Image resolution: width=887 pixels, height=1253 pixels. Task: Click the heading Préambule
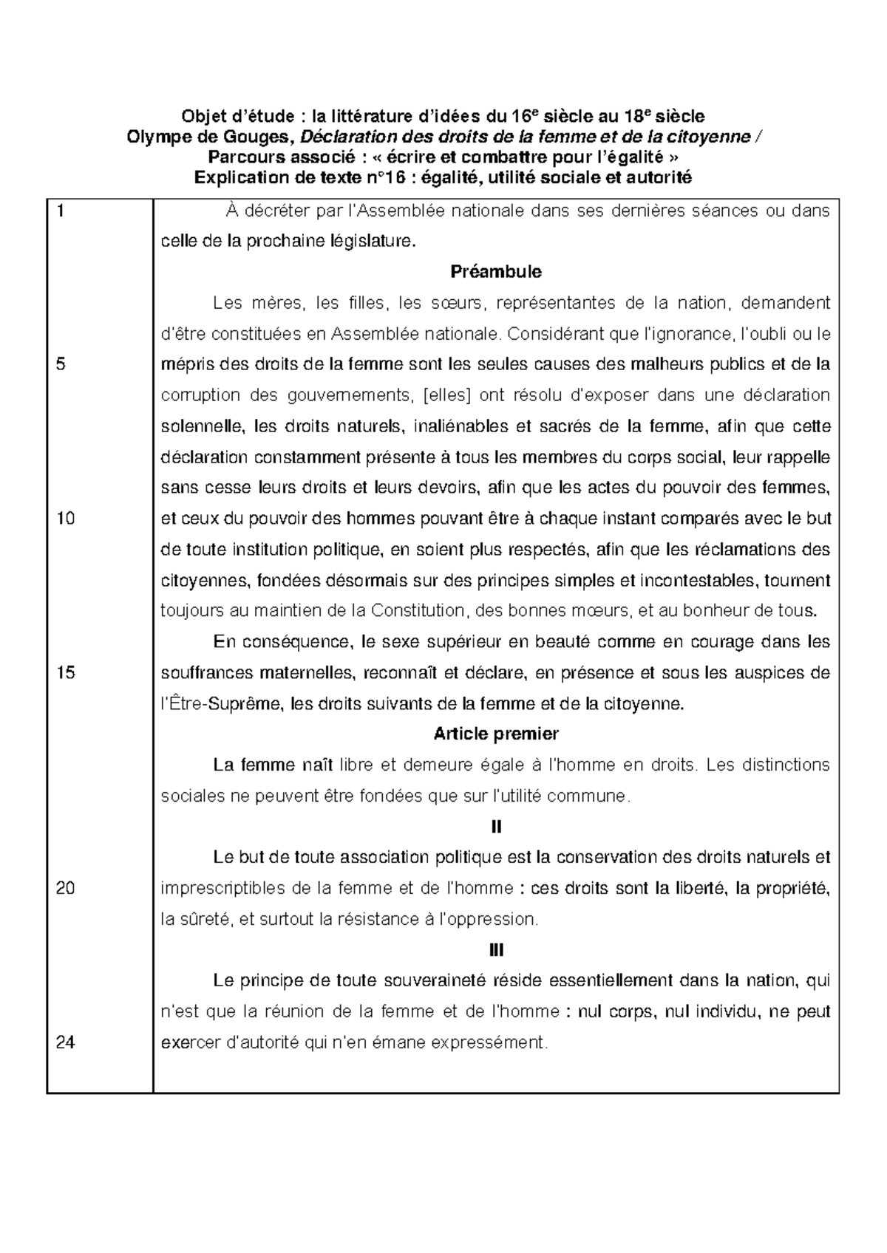pyautogui.click(x=496, y=272)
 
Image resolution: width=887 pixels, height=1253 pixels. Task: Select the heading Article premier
pyautogui.click(x=496, y=734)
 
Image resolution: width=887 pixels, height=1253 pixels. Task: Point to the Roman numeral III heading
pyautogui.click(x=496, y=950)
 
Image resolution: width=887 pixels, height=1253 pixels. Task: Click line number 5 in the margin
pyautogui.click(x=61, y=364)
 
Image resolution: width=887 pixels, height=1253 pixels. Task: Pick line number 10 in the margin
pyautogui.click(x=65, y=519)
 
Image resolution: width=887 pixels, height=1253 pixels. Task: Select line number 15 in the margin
pyautogui.click(x=65, y=673)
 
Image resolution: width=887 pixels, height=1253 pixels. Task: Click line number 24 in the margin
pyautogui.click(x=66, y=1043)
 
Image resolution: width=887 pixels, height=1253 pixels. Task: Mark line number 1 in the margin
pyautogui.click(x=59, y=211)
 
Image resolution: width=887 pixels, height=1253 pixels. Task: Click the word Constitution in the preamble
pyautogui.click(x=418, y=612)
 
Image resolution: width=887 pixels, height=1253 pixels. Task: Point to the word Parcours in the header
pyautogui.click(x=240, y=157)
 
